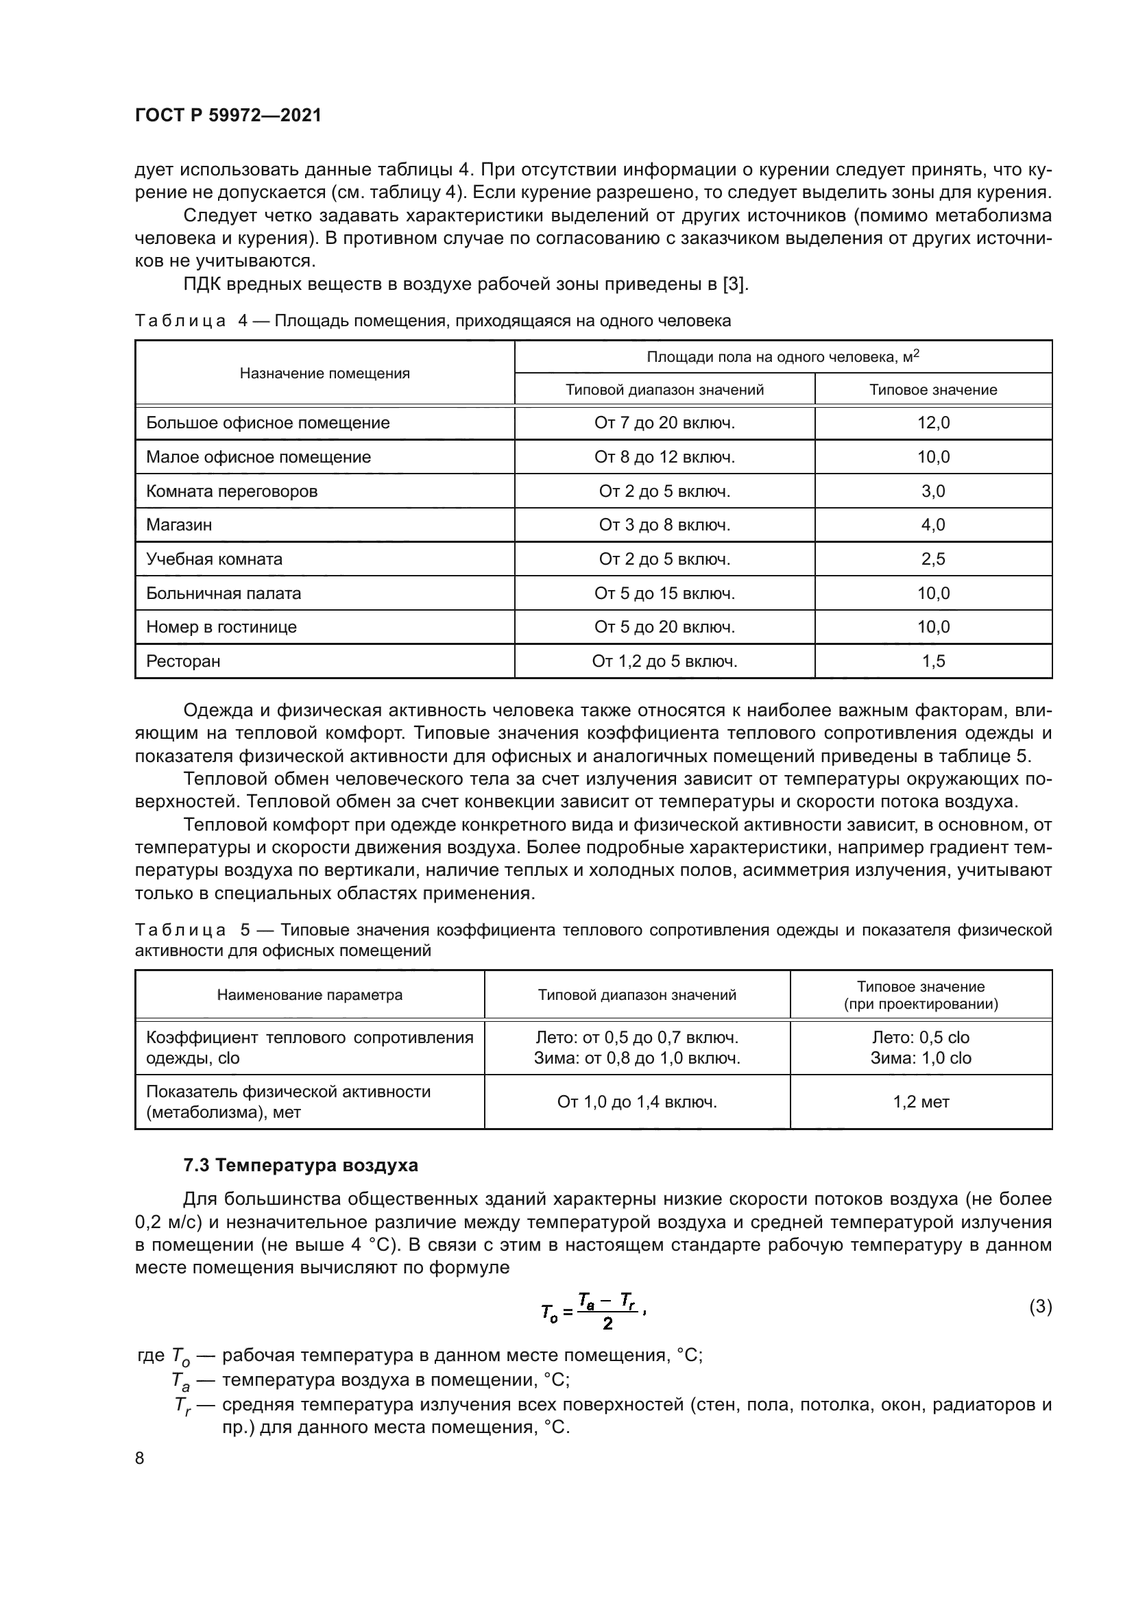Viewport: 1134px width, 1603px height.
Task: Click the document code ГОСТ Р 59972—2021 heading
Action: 228,115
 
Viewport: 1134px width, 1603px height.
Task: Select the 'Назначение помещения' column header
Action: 325,374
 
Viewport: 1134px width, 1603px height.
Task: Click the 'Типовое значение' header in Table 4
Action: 933,389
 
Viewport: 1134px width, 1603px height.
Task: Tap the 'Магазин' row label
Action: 179,525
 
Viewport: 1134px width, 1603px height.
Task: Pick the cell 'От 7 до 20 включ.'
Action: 664,423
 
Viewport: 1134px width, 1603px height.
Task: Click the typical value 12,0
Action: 933,423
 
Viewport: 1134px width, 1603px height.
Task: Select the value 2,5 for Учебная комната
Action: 933,559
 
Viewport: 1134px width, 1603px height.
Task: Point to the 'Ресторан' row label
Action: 183,661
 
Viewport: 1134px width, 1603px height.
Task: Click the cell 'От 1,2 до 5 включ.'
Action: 664,661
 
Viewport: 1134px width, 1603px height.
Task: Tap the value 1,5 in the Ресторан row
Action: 933,661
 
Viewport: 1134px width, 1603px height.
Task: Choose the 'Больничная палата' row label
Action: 224,594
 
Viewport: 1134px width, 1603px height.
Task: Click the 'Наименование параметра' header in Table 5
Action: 309,995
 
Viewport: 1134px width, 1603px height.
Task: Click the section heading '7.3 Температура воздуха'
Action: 300,1165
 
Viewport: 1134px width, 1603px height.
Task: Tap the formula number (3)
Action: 1041,1306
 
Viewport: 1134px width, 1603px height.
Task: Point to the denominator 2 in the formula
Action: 607,1323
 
